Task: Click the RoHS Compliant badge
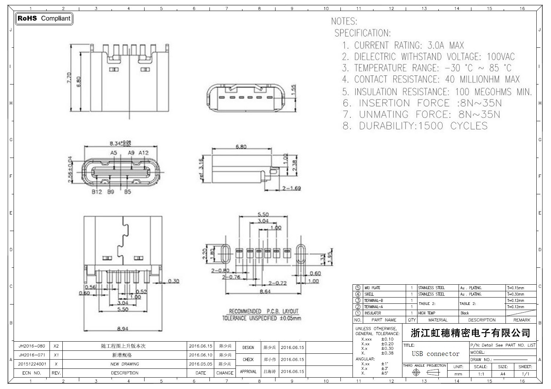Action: [44, 18]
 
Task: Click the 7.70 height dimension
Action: [69, 78]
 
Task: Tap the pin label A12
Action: [144, 153]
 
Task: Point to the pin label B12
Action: [97, 192]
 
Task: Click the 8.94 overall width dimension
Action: [123, 329]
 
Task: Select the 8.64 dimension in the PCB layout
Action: [265, 291]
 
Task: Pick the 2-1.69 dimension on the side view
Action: [292, 188]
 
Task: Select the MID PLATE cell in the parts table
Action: [372, 288]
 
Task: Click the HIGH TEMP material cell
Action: [427, 313]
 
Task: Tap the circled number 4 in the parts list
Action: [358, 294]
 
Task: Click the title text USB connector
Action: [435, 354]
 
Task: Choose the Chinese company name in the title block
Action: [470, 333]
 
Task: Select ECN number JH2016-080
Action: [32, 346]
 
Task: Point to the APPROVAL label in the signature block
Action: [248, 372]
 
